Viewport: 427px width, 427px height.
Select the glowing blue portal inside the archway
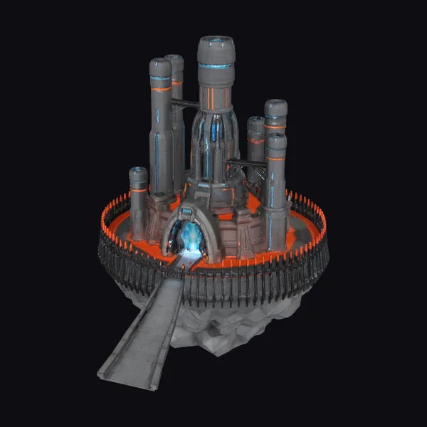point(189,236)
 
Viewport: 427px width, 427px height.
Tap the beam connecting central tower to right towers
point(246,164)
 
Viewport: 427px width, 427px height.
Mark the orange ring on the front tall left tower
point(160,88)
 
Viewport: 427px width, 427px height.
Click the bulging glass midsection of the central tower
point(216,139)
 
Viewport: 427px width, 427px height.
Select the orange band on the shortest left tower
point(138,190)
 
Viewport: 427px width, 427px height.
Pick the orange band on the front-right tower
point(276,158)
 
